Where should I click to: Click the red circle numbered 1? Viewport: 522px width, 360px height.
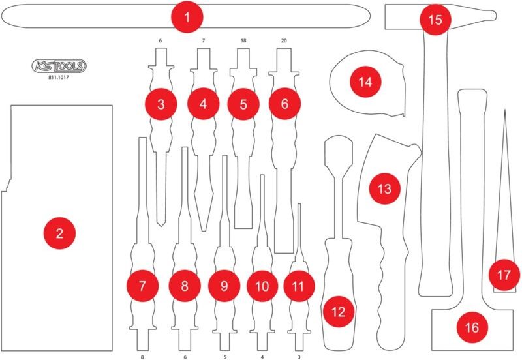(187, 17)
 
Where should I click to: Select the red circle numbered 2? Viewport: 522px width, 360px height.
(59, 232)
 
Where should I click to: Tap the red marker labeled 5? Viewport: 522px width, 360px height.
(243, 104)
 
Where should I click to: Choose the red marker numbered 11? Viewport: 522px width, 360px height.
(298, 286)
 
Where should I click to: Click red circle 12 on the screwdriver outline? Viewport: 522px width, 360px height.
(338, 312)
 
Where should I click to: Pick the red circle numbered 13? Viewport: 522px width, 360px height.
(384, 188)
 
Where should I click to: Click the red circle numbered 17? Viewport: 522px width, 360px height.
(503, 275)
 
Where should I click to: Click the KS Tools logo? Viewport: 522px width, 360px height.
(59, 65)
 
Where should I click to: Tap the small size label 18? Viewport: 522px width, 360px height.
(243, 41)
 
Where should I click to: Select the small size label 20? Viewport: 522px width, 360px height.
(284, 41)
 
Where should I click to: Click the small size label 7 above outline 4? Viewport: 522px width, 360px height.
(203, 41)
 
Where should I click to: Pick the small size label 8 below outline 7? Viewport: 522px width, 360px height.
(142, 356)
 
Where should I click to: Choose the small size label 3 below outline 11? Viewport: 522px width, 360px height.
(299, 356)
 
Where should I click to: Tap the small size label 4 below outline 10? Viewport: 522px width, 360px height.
(262, 356)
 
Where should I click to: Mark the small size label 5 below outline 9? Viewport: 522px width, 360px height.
(224, 356)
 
